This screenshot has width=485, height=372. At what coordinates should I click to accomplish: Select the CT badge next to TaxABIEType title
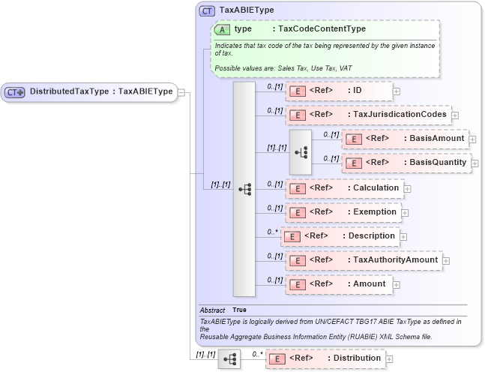(x=207, y=11)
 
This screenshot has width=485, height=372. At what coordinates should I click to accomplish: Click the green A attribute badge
(x=222, y=29)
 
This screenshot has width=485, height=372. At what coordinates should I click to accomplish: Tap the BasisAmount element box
(x=405, y=139)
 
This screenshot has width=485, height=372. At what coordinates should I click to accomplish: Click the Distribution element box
(x=325, y=358)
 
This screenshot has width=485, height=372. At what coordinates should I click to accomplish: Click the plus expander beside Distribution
(x=388, y=359)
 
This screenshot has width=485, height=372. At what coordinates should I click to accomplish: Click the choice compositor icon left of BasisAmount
(x=301, y=151)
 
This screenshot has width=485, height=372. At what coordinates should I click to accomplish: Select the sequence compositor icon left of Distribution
(x=229, y=359)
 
